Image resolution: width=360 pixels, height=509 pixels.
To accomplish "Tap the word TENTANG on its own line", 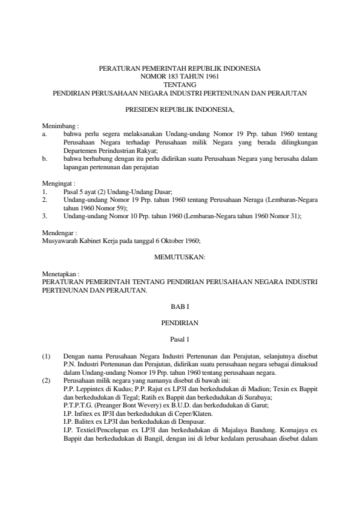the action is pyautogui.click(x=180, y=85).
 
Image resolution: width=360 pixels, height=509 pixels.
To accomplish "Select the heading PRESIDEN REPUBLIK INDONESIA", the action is pyautogui.click(x=180, y=111).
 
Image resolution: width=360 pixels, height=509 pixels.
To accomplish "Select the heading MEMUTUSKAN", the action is pyautogui.click(x=180, y=256).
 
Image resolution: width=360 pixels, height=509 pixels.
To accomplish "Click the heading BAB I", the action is pyautogui.click(x=180, y=306).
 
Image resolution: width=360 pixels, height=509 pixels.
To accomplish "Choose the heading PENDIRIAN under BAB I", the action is pyautogui.click(x=180, y=323).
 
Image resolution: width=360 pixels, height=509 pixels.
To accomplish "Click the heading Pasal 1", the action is pyautogui.click(x=180, y=340).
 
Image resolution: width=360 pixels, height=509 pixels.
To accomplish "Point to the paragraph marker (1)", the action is pyautogui.click(x=47, y=357).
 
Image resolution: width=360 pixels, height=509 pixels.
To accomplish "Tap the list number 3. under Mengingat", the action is pyautogui.click(x=45, y=215).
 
